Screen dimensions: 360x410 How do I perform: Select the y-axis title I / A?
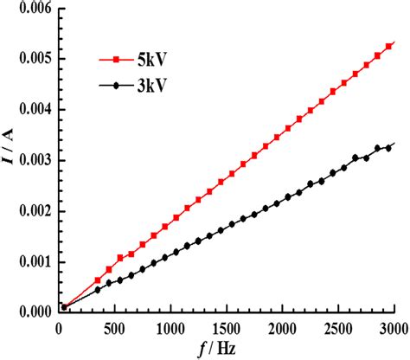[x=8, y=162]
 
